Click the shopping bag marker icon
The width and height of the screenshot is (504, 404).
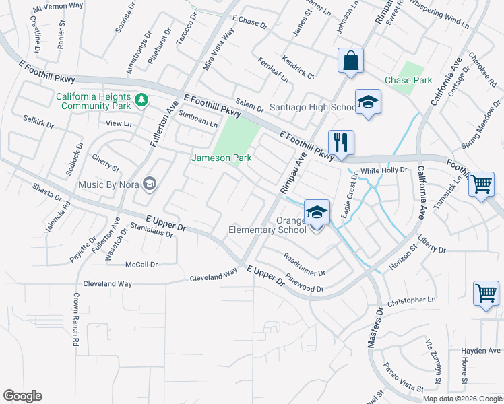[350, 61]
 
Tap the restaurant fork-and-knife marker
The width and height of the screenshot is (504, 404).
[341, 142]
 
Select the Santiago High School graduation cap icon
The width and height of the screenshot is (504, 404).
[368, 102]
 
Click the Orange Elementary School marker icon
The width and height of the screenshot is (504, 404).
[317, 213]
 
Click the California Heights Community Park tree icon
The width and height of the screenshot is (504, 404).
[141, 100]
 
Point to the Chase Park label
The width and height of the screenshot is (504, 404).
[408, 80]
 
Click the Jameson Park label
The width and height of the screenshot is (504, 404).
[222, 158]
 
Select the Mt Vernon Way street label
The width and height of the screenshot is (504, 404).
[58, 5]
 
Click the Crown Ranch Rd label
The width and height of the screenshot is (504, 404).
[76, 320]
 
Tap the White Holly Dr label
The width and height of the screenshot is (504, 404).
[384, 171]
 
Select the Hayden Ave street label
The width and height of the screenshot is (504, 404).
[481, 351]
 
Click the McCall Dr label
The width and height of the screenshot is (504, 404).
[141, 265]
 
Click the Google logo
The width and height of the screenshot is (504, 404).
[22, 396]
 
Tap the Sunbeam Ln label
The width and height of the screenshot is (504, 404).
[199, 119]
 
